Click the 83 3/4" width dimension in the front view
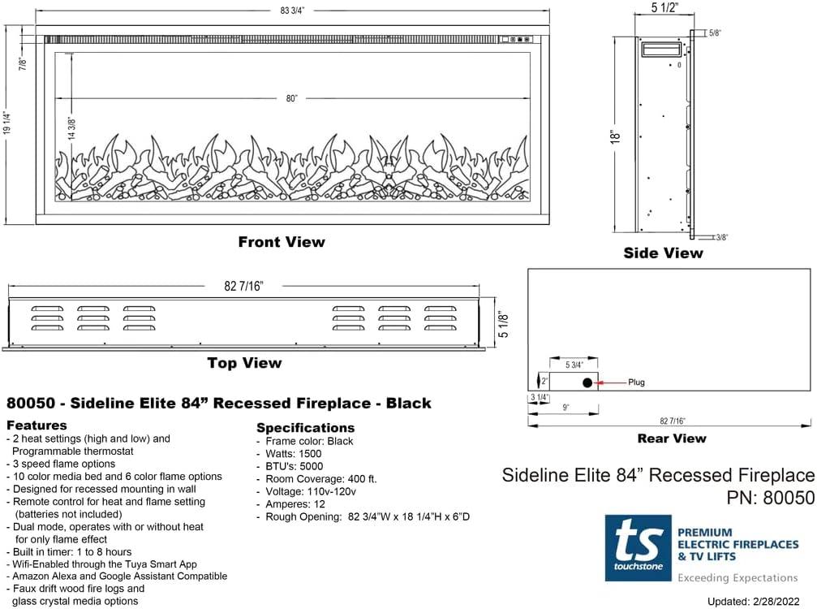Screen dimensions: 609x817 click(291, 11)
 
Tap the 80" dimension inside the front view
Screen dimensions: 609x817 click(292, 98)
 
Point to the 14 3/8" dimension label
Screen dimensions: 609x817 click(71, 130)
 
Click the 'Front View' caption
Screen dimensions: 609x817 click(282, 242)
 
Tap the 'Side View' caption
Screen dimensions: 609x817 click(663, 253)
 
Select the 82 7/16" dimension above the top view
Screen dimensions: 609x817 click(243, 286)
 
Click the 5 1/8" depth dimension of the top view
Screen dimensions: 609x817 click(504, 325)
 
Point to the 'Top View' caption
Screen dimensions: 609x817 click(244, 363)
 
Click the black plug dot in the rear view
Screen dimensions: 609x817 click(587, 382)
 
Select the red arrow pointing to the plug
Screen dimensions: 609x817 click(610, 382)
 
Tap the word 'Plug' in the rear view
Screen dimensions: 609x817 click(637, 382)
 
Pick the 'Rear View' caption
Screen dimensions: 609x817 click(672, 438)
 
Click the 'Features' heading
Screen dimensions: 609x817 click(37, 425)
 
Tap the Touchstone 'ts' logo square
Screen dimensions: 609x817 click(638, 548)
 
